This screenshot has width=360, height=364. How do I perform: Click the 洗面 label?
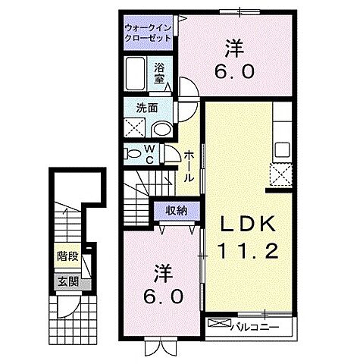tap(149, 108)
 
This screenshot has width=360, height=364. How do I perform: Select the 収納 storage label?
tap(177, 210)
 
